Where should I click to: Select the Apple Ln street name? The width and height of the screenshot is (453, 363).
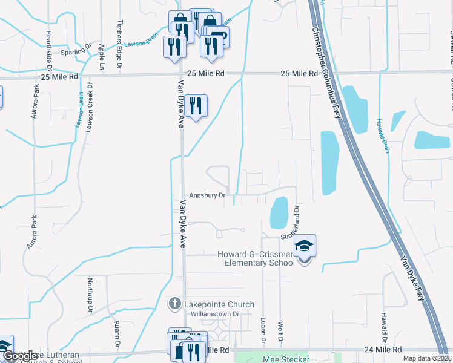(x=101, y=56)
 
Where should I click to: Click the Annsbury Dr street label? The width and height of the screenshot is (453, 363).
(x=207, y=195)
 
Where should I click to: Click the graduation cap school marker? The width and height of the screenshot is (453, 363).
(x=305, y=246)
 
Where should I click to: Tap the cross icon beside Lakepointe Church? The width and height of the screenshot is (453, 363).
(x=175, y=304)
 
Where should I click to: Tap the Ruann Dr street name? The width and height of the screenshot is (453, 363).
(x=116, y=331)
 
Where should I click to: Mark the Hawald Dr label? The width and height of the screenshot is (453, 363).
(x=384, y=324)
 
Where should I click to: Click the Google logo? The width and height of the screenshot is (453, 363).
(x=19, y=356)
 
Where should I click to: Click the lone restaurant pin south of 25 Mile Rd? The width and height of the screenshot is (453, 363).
(x=196, y=106)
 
